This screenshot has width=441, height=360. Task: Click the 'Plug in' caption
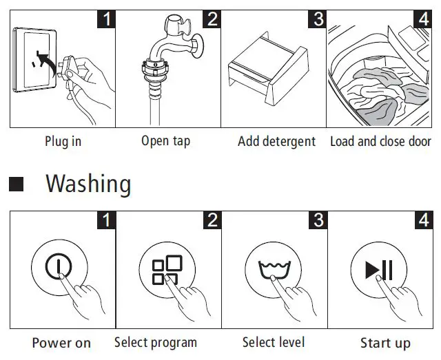tap(63, 141)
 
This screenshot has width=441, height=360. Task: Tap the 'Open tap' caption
tap(165, 141)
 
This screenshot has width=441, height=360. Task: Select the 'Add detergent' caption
tap(276, 141)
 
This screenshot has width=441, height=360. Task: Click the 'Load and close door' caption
tap(380, 141)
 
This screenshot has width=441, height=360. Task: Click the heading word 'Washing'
tap(88, 184)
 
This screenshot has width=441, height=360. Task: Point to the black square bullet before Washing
tap(17, 184)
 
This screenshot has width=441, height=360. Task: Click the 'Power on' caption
tap(61, 342)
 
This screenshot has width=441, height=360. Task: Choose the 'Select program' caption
tap(155, 342)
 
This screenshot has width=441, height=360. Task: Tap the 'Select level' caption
tap(274, 342)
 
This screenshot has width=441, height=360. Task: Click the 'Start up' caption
tap(385, 342)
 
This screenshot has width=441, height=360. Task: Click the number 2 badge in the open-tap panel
tap(212, 19)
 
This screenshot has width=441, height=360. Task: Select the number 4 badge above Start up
tap(423, 220)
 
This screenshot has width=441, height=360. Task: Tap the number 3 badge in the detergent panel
tap(318, 19)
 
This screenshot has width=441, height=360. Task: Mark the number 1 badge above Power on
tap(105, 220)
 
